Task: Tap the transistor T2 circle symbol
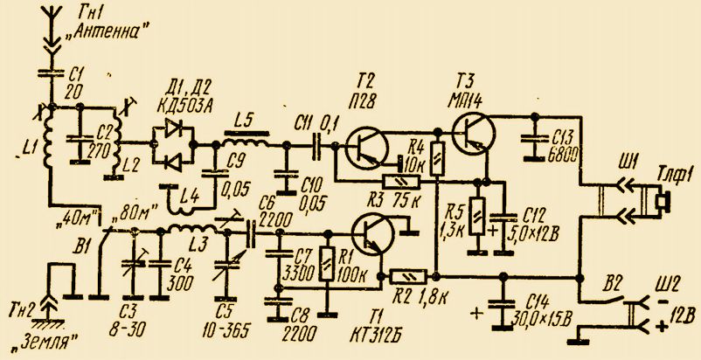(367, 144)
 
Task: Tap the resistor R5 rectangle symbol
(476, 215)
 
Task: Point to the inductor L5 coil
(248, 140)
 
